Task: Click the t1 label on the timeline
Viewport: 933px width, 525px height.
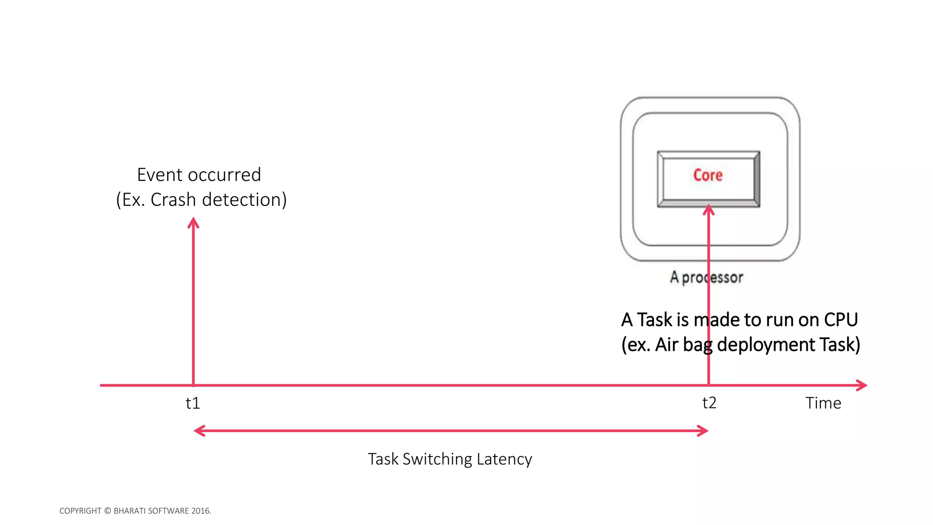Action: [x=193, y=403]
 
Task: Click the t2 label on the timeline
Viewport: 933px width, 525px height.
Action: [x=709, y=403]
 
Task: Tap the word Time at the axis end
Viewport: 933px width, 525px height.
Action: [x=823, y=403]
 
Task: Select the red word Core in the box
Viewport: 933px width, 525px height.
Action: [x=707, y=175]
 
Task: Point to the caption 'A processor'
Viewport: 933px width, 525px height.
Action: [x=706, y=277]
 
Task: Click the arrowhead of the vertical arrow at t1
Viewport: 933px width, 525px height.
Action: [x=194, y=223]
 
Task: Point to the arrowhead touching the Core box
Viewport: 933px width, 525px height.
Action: [x=708, y=210]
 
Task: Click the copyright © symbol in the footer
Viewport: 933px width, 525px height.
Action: [x=108, y=511]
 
